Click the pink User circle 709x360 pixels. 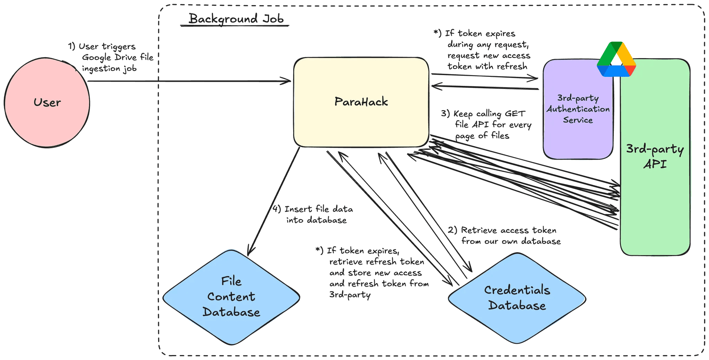(47, 102)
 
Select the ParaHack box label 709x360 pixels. (361, 102)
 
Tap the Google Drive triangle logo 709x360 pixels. (616, 59)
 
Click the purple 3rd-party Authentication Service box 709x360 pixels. (577, 109)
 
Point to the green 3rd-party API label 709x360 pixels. (655, 156)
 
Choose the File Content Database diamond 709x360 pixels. (231, 297)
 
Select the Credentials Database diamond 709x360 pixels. (517, 298)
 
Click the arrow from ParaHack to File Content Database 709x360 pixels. (273, 201)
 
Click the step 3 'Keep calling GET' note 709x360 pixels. (486, 125)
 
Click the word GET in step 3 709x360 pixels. (515, 114)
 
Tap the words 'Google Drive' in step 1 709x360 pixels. (110, 57)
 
